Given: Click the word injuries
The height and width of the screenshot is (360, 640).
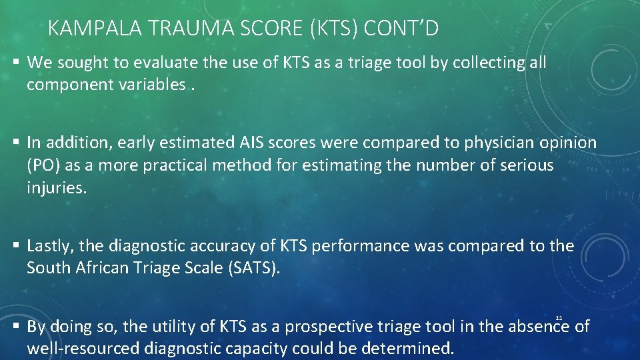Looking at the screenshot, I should pos(57,188).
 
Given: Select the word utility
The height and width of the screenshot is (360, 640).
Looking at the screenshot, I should pos(176,327).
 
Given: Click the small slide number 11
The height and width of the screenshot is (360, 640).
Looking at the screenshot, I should pos(559,317).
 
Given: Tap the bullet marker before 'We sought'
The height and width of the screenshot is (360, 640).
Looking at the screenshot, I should pos(15,63).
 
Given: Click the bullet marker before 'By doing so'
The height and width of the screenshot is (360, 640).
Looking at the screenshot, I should pos(15,327).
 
